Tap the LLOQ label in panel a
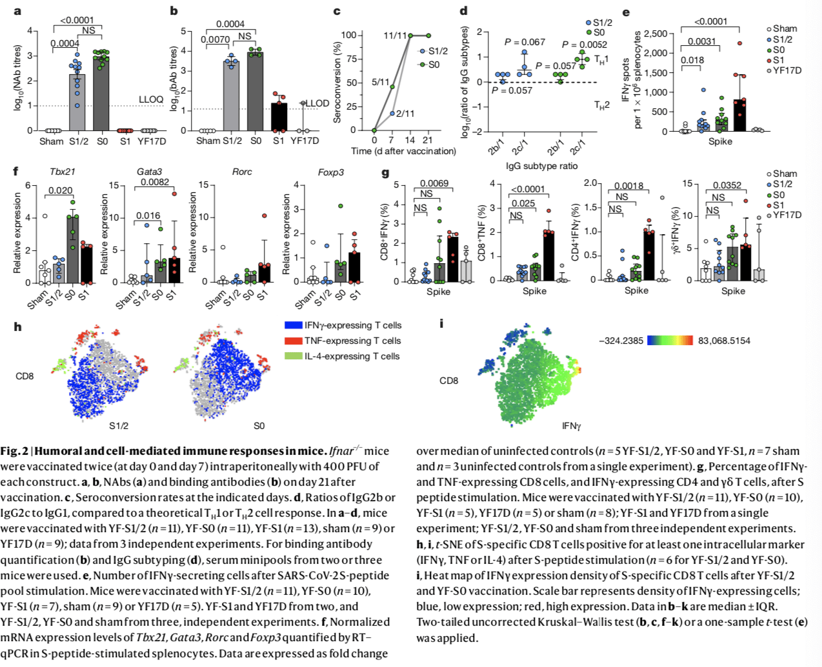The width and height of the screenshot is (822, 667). point(151,99)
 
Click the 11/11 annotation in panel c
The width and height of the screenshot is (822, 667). point(395,35)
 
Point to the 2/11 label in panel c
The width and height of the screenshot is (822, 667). point(405,114)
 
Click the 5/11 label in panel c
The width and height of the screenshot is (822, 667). point(381,82)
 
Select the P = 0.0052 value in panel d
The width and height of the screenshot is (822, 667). point(584,45)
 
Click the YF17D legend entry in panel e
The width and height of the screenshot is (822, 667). point(787,70)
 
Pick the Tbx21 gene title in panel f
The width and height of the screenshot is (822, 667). point(62,172)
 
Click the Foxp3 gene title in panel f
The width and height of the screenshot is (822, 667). point(330,172)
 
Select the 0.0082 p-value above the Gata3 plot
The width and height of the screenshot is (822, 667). point(155,183)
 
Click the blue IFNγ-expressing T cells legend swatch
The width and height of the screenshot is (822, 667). point(294,326)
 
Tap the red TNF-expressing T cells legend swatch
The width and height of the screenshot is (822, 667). point(294,341)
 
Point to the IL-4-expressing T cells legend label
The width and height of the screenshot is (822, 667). point(352,356)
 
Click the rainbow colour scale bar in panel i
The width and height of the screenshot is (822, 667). point(670,340)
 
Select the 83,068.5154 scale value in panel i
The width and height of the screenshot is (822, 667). point(724,341)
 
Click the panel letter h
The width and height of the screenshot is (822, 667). point(17,327)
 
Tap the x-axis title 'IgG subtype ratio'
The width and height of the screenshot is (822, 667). point(541,166)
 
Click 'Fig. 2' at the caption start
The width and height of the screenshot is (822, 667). point(14,451)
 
